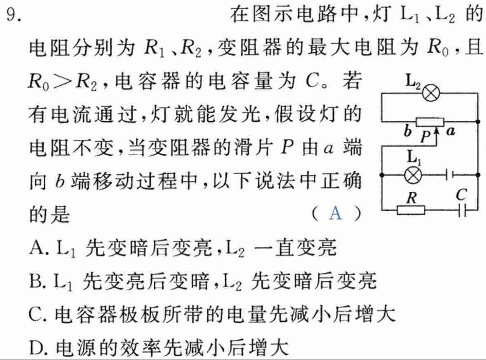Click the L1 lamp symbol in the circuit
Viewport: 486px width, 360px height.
413,175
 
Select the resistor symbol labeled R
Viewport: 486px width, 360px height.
411,210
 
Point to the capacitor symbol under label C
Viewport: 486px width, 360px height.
462,210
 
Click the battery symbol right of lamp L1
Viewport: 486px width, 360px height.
450,175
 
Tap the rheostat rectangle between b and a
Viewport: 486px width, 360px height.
430,122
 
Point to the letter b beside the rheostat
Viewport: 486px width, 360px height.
407,132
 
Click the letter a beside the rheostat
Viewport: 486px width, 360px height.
451,132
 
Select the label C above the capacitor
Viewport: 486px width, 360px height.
461,195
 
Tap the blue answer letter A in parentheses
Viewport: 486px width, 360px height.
336,213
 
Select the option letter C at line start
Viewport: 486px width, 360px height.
35,314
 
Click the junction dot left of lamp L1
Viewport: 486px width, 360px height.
382,175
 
